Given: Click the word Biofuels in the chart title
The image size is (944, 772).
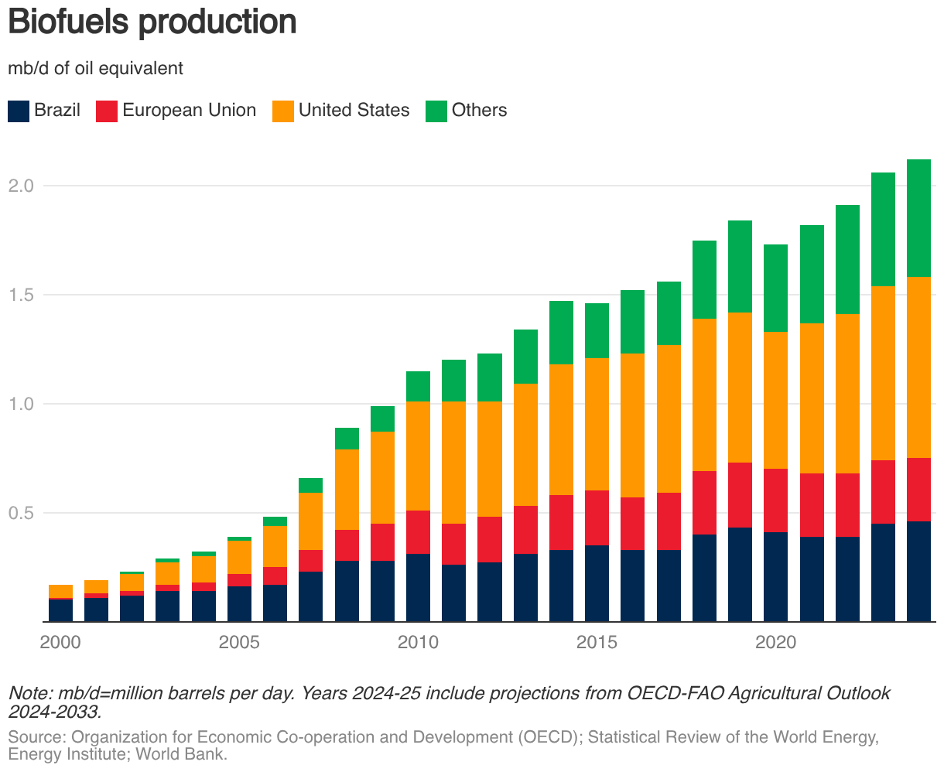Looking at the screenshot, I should point(69,22).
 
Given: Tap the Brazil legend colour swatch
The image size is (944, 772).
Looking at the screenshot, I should point(19,111).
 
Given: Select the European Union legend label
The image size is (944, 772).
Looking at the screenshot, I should point(189,110).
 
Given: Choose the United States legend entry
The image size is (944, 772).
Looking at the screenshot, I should point(354,110).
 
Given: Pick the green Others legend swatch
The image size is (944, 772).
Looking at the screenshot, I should point(436,111).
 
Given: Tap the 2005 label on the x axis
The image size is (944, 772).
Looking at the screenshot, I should point(238,642).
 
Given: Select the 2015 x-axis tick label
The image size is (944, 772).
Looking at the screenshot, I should point(597,642).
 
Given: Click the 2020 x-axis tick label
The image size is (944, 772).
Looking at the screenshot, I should point(776,642).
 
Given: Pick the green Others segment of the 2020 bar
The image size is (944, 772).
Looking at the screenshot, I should point(776,288).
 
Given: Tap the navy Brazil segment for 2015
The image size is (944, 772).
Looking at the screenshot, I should point(597,583).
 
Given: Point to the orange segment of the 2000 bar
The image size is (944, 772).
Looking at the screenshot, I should point(60,591).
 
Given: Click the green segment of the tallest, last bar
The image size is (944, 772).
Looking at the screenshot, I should point(918,218).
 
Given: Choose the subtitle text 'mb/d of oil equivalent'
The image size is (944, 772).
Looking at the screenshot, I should point(95,68).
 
